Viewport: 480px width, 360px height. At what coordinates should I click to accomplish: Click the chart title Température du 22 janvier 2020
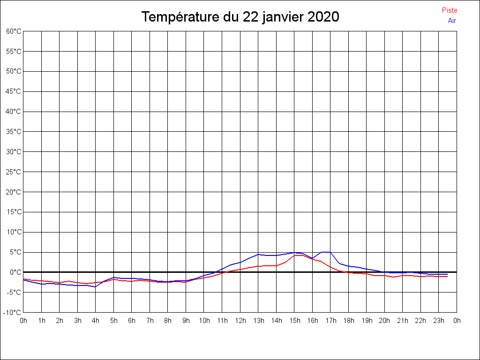(240, 17)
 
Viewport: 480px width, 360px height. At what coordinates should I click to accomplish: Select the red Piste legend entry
(449, 10)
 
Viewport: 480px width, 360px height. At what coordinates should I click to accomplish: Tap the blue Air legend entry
(452, 21)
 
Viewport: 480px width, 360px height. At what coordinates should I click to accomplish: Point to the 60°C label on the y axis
(14, 31)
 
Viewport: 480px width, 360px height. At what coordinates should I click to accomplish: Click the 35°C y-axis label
(14, 132)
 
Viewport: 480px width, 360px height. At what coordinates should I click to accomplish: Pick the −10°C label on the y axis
(13, 312)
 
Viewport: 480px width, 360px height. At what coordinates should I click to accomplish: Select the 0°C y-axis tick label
(15, 272)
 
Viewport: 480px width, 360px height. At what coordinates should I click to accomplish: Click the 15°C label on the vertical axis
(14, 212)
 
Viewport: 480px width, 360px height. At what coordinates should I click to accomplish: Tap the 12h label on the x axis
(240, 321)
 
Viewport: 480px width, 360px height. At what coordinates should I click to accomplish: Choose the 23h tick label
(439, 321)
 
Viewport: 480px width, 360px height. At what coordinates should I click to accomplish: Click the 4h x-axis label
(96, 321)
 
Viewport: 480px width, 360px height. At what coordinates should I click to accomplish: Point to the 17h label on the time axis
(330, 321)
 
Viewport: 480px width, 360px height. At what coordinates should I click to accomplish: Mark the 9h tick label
(186, 321)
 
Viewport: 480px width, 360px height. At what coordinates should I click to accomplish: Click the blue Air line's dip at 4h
(96, 286)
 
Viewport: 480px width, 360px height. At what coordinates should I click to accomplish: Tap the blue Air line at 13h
(258, 254)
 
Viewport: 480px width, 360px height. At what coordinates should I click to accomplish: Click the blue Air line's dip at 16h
(313, 258)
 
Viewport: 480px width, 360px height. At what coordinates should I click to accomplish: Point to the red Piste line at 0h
(24, 279)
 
